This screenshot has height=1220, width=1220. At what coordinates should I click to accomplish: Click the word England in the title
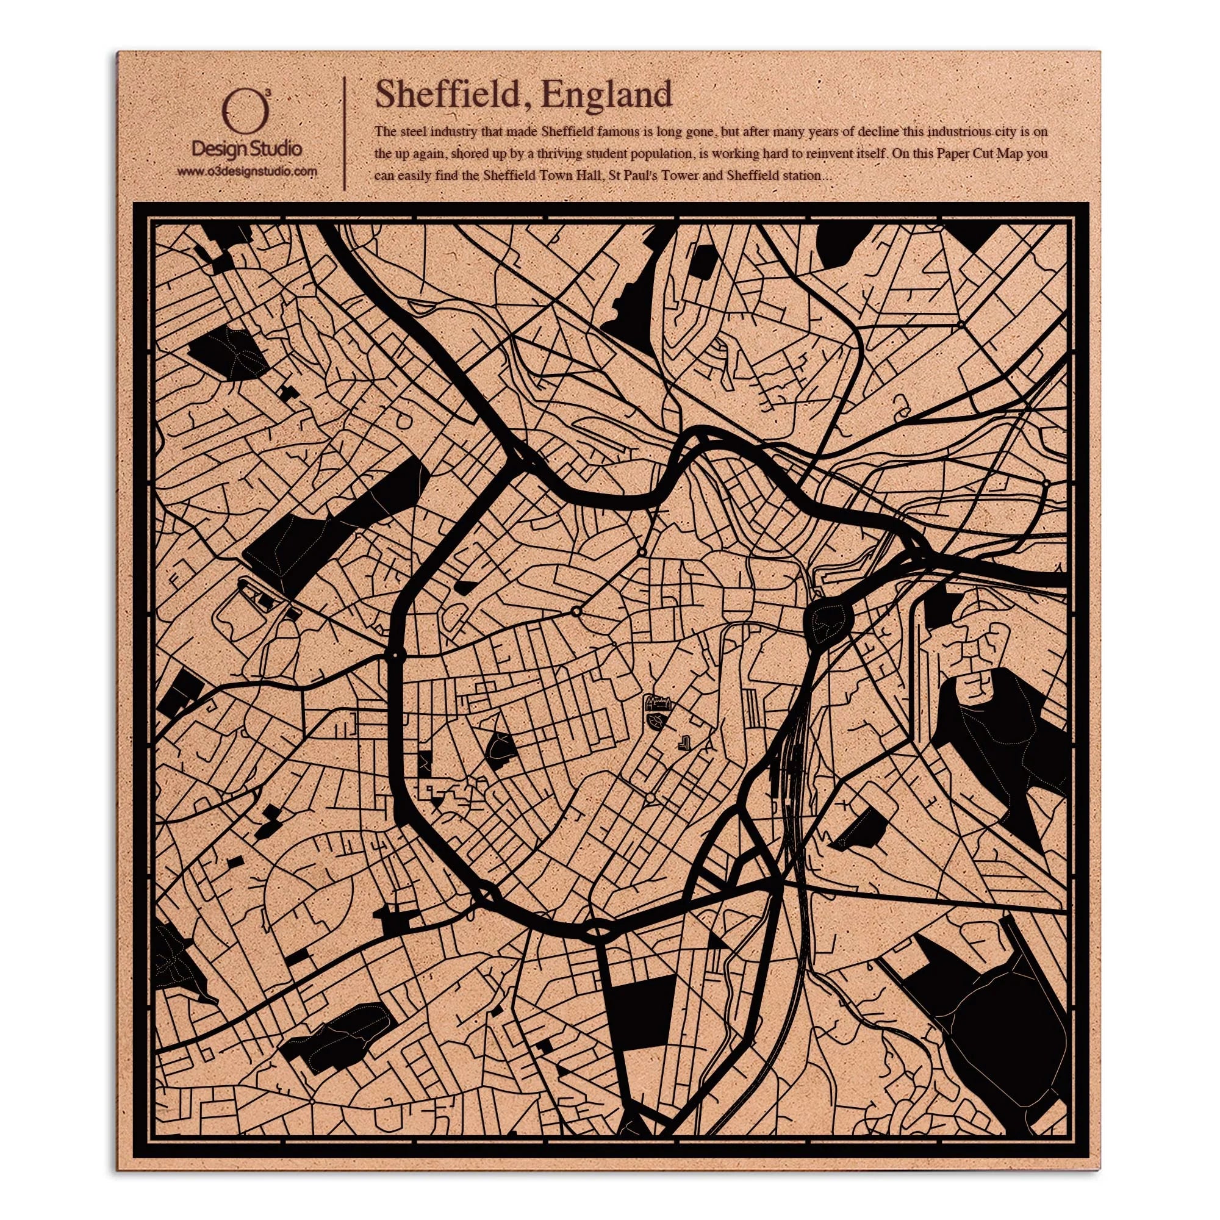[x=607, y=95]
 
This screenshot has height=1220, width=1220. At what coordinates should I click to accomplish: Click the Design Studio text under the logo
[x=246, y=149]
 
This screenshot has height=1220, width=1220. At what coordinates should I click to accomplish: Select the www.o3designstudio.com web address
[x=246, y=171]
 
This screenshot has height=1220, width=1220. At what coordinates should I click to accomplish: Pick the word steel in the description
[x=417, y=132]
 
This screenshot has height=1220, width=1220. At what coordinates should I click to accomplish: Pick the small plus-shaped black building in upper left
[x=290, y=393]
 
